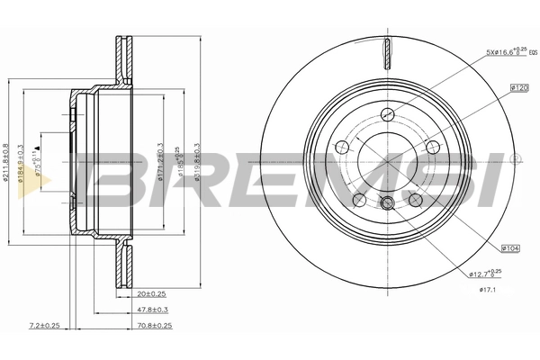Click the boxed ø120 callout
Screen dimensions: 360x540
coord(517,87)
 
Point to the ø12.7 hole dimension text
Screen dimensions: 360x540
coord(485,272)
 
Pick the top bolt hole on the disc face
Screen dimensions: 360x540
coord(389,114)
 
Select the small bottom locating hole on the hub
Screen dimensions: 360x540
coord(388,203)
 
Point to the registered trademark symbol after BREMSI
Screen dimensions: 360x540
coord(515,159)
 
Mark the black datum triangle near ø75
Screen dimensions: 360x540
coord(38,146)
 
